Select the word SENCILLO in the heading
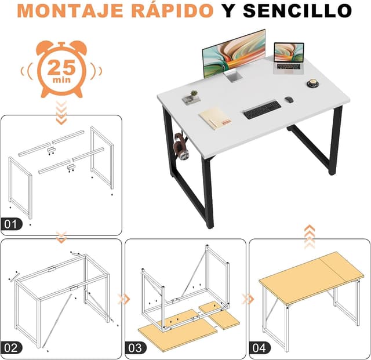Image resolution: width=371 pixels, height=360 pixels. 297,11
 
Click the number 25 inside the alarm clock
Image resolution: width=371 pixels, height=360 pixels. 61,67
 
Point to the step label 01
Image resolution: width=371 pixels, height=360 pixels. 12,224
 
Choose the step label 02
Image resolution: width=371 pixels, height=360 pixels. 12,348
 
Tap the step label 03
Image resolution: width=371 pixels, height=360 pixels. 136,348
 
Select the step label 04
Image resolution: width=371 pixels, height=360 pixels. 260,348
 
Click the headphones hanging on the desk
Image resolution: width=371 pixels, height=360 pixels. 181,147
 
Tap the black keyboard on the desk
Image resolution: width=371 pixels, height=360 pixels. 263,110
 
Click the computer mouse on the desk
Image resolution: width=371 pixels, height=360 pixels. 289,99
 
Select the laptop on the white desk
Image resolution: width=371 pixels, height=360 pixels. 289,59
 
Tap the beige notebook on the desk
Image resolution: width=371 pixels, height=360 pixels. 215,118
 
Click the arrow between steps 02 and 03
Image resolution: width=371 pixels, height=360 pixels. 123,299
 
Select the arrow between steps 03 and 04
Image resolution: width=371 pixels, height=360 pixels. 248,299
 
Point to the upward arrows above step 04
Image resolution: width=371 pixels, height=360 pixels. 310,237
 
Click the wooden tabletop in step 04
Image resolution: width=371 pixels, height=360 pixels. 311,278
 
